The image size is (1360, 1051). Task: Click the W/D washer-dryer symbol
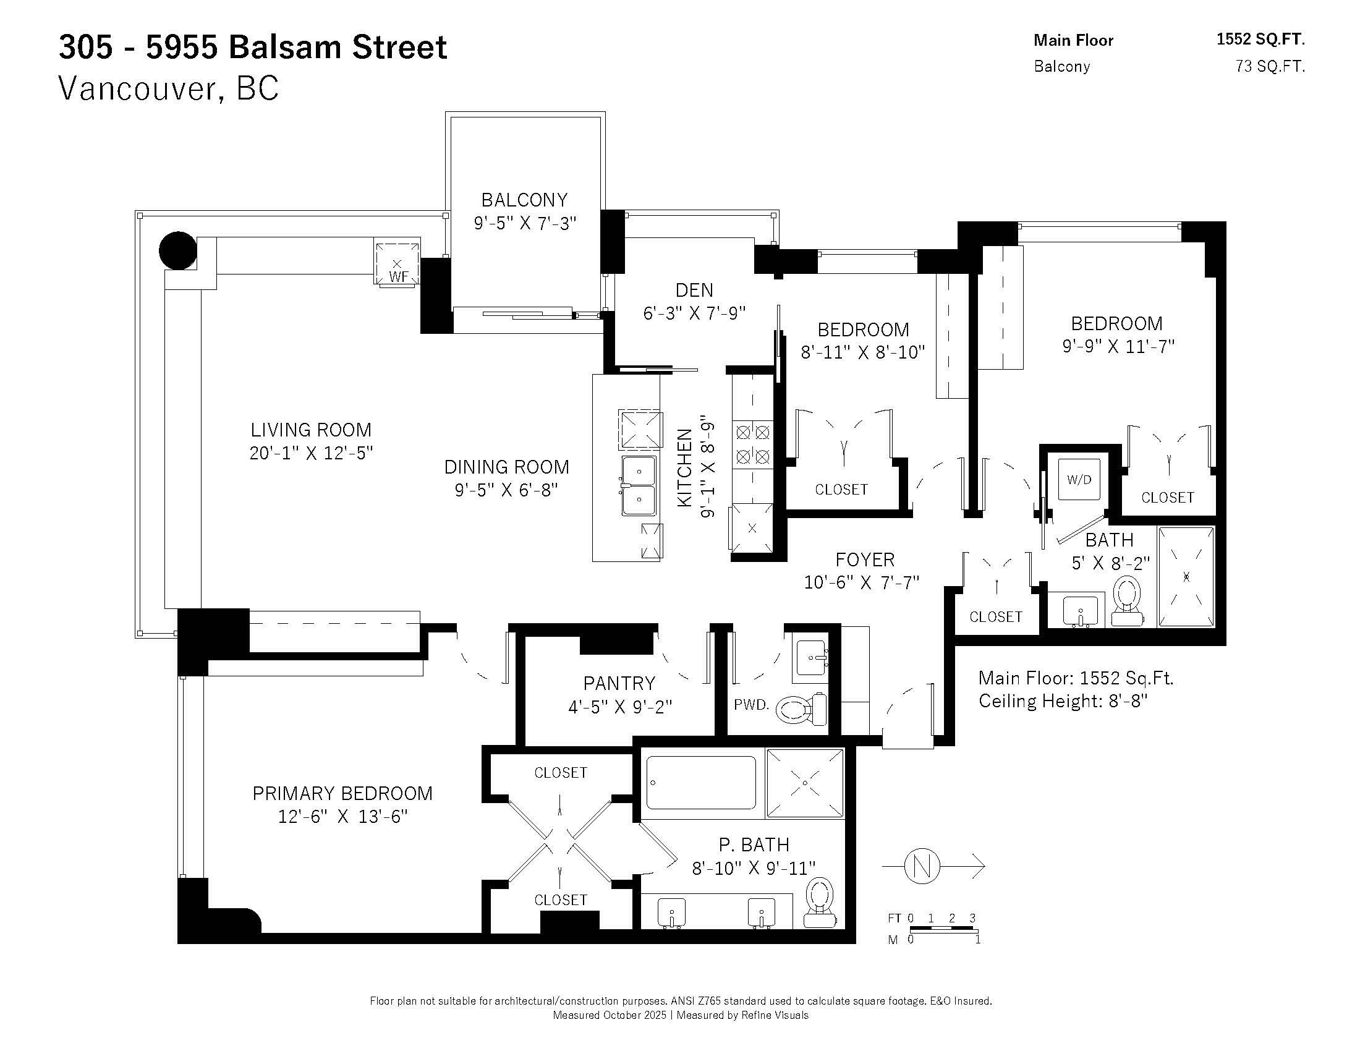[1079, 479]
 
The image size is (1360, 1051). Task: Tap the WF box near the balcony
[397, 262]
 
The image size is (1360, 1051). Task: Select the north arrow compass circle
[922, 866]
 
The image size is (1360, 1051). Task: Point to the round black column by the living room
[178, 250]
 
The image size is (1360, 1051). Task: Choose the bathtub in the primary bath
[702, 782]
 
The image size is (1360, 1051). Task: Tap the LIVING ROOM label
[311, 430]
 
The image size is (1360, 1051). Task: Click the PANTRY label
[619, 683]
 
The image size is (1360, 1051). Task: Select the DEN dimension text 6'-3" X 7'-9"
[694, 313]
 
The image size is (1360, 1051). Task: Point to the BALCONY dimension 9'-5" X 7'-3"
[525, 223]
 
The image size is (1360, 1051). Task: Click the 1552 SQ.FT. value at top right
[1260, 39]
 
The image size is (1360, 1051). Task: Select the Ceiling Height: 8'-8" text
[1063, 701]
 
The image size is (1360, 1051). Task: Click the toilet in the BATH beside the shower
[1127, 601]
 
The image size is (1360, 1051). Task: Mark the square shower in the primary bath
[805, 783]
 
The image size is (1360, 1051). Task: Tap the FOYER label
[865, 560]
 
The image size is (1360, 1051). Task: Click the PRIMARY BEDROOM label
[342, 793]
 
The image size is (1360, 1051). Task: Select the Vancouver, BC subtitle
[169, 88]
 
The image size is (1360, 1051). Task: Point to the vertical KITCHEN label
[685, 467]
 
